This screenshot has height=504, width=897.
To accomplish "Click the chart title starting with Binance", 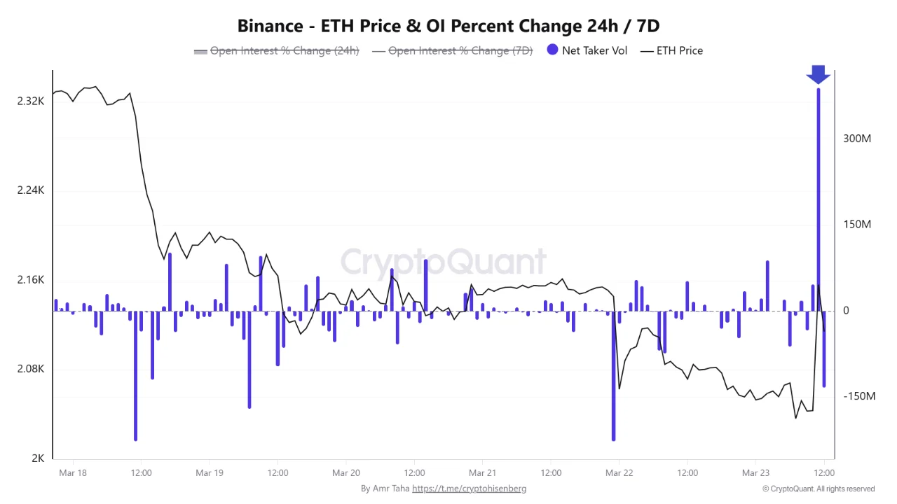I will click(x=448, y=26).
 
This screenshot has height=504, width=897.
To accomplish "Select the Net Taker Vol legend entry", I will click(x=587, y=50).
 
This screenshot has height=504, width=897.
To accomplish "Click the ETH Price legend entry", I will click(x=672, y=50).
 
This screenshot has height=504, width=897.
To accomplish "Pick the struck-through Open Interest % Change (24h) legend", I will click(x=277, y=50).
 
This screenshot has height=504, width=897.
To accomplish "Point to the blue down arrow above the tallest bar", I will click(x=818, y=74).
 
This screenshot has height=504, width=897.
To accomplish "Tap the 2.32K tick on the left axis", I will click(x=31, y=101).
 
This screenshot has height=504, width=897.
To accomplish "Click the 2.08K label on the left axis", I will click(x=31, y=370).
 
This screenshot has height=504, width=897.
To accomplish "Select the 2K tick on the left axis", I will click(x=38, y=458).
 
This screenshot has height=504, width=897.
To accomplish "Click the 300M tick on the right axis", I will click(x=857, y=139).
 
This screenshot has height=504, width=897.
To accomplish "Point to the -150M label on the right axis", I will click(x=859, y=396).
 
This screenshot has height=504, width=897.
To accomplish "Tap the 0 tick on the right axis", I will click(x=846, y=311).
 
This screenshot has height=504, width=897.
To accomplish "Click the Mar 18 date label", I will click(x=73, y=473).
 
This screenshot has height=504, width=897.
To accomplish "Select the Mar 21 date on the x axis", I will click(x=483, y=473).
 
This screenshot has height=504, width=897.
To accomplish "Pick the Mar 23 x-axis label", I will click(x=755, y=473).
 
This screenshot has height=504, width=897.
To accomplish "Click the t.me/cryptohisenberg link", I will click(x=469, y=489).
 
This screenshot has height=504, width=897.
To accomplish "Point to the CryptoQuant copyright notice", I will click(x=819, y=489).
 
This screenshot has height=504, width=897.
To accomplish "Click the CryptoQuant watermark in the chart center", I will click(x=443, y=262).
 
